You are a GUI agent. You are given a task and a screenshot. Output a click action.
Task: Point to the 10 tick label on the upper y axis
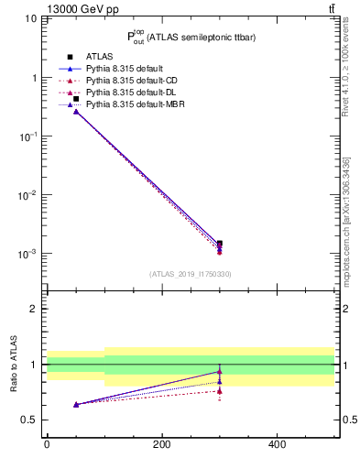(x=30, y=19)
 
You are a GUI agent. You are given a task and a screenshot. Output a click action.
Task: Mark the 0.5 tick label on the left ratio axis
(x=29, y=420)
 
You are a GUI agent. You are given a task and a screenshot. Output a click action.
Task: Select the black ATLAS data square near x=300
(x=220, y=244)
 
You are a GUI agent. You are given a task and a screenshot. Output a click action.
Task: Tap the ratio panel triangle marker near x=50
(x=76, y=404)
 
